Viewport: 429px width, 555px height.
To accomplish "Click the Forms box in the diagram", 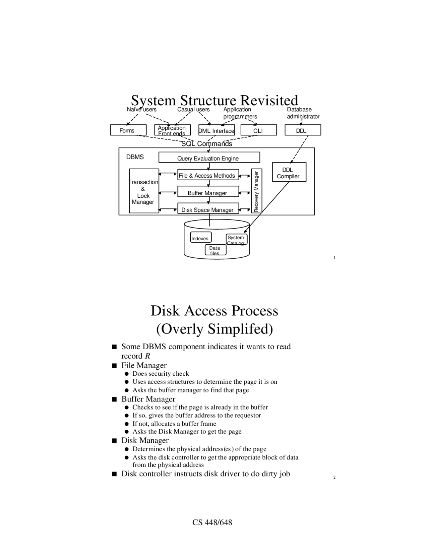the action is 128,130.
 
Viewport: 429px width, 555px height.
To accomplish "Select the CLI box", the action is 259,130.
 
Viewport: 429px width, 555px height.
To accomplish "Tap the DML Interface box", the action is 217,130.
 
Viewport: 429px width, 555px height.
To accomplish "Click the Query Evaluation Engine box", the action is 209,157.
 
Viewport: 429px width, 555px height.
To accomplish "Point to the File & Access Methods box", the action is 208,175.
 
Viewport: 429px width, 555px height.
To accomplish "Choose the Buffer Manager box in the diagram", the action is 208,191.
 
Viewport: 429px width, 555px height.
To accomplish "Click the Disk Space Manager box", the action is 208,208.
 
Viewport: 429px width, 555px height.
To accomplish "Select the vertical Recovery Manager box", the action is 256,191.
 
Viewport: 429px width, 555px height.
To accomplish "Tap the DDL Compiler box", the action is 289,172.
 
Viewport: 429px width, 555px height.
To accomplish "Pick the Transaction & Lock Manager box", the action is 144,191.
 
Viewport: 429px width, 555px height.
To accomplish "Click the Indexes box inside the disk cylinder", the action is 201,237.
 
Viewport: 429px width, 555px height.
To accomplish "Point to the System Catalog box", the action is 237,239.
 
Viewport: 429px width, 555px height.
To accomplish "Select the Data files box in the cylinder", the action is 216,250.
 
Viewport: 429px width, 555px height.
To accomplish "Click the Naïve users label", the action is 142,110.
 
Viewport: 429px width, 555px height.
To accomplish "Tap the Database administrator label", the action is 303,113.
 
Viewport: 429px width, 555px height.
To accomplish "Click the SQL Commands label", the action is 206,144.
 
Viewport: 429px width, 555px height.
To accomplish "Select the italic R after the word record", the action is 147,356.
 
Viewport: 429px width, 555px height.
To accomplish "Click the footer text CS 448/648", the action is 212,522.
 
